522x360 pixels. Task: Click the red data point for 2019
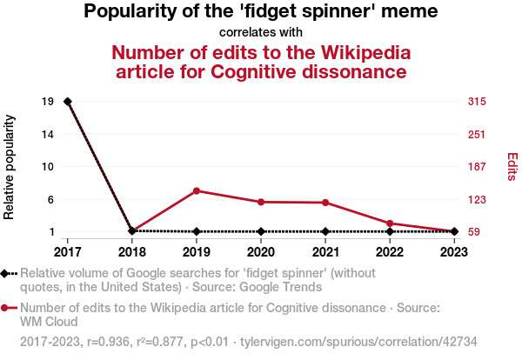pyautogui.click(x=197, y=191)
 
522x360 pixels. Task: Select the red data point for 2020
pyautogui.click(x=261, y=202)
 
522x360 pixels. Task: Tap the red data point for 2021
pyautogui.click(x=325, y=203)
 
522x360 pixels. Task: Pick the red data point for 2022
pyautogui.click(x=390, y=223)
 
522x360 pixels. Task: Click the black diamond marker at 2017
pyautogui.click(x=68, y=102)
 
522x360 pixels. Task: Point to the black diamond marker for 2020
pyautogui.click(x=261, y=231)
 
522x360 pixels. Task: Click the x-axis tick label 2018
pyautogui.click(x=132, y=252)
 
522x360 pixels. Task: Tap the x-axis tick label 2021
pyautogui.click(x=325, y=252)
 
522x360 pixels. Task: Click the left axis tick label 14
pyautogui.click(x=49, y=134)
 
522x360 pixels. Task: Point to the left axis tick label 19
pyautogui.click(x=49, y=102)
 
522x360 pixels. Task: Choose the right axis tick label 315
pyautogui.click(x=477, y=102)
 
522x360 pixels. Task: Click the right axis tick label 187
pyautogui.click(x=477, y=167)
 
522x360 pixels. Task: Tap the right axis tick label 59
pyautogui.click(x=474, y=232)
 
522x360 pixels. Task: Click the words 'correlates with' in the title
pyautogui.click(x=261, y=32)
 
